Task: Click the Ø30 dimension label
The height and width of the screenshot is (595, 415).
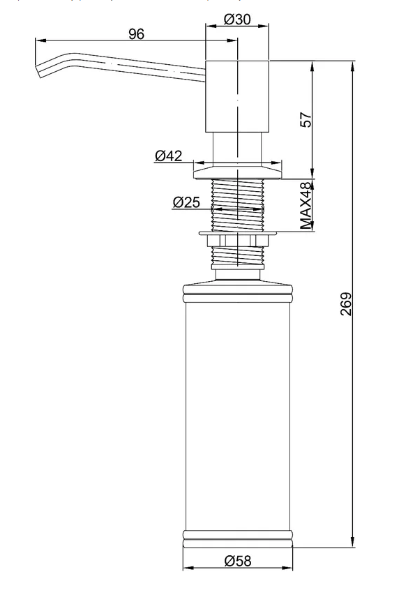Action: pos(237,19)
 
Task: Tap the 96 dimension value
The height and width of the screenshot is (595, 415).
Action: pos(136,34)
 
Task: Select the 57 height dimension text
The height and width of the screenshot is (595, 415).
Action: pos(306,120)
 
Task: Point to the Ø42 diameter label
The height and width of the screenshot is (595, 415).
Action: pos(168,156)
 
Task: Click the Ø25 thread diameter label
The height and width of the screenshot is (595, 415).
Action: pos(186,202)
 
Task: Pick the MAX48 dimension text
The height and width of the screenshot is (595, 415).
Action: pos(306,206)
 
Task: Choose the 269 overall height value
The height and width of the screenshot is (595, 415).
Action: pos(346,303)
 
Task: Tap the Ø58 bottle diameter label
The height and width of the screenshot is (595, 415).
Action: pos(237,560)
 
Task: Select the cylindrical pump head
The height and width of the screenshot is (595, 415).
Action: pos(237,96)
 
